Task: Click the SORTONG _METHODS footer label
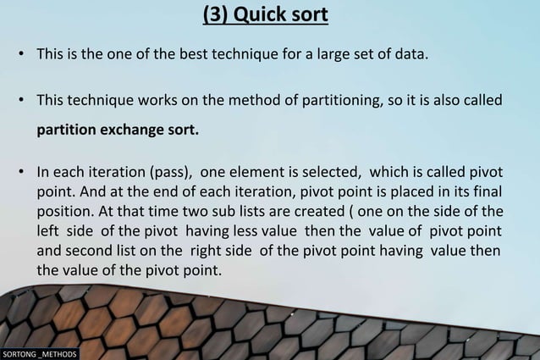click(x=40, y=353)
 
